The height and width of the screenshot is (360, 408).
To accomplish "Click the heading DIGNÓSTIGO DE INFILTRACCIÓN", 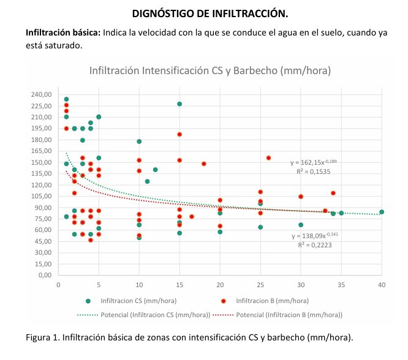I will (204, 13).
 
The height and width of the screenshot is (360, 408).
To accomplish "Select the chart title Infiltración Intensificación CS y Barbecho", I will (210, 70).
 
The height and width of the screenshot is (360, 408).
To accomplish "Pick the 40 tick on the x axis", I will (382, 284).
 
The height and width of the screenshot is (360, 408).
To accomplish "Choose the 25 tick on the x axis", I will (260, 284).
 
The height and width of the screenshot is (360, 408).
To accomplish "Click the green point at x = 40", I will (382, 212).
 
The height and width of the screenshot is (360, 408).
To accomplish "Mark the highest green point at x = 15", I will (179, 104).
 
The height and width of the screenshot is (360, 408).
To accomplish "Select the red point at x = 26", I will (268, 158).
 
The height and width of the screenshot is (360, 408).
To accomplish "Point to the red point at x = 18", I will (203, 163).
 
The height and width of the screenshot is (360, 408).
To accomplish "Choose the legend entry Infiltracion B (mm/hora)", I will (263, 301).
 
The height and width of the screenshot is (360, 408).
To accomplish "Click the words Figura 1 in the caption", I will (42, 337).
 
